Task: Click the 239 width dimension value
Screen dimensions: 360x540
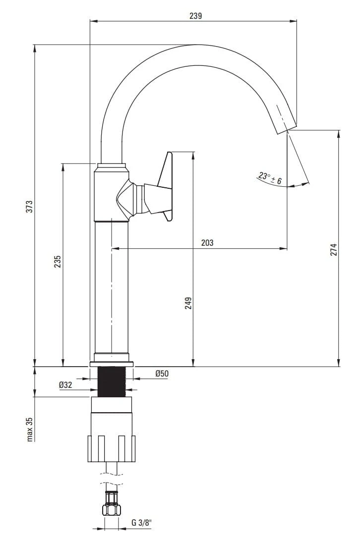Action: pyautogui.click(x=195, y=15)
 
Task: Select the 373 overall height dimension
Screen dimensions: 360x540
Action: pyautogui.click(x=30, y=206)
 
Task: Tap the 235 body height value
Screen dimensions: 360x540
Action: pyautogui.click(x=58, y=261)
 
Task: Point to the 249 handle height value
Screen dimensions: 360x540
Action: pyautogui.click(x=188, y=303)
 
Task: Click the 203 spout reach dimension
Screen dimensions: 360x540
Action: pyautogui.click(x=207, y=243)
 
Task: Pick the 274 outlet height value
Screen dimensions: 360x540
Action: pyautogui.click(x=333, y=250)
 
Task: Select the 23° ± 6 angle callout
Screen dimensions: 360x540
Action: pyautogui.click(x=270, y=178)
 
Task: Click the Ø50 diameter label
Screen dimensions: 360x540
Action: pyautogui.click(x=162, y=374)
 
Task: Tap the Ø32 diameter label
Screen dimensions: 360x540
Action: pyautogui.click(x=65, y=384)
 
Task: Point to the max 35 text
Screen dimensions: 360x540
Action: pyautogui.click(x=30, y=429)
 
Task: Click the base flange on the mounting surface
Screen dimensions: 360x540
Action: pyautogui.click(x=112, y=364)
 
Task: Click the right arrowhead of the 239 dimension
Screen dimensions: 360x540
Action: pyautogui.click(x=293, y=21)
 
